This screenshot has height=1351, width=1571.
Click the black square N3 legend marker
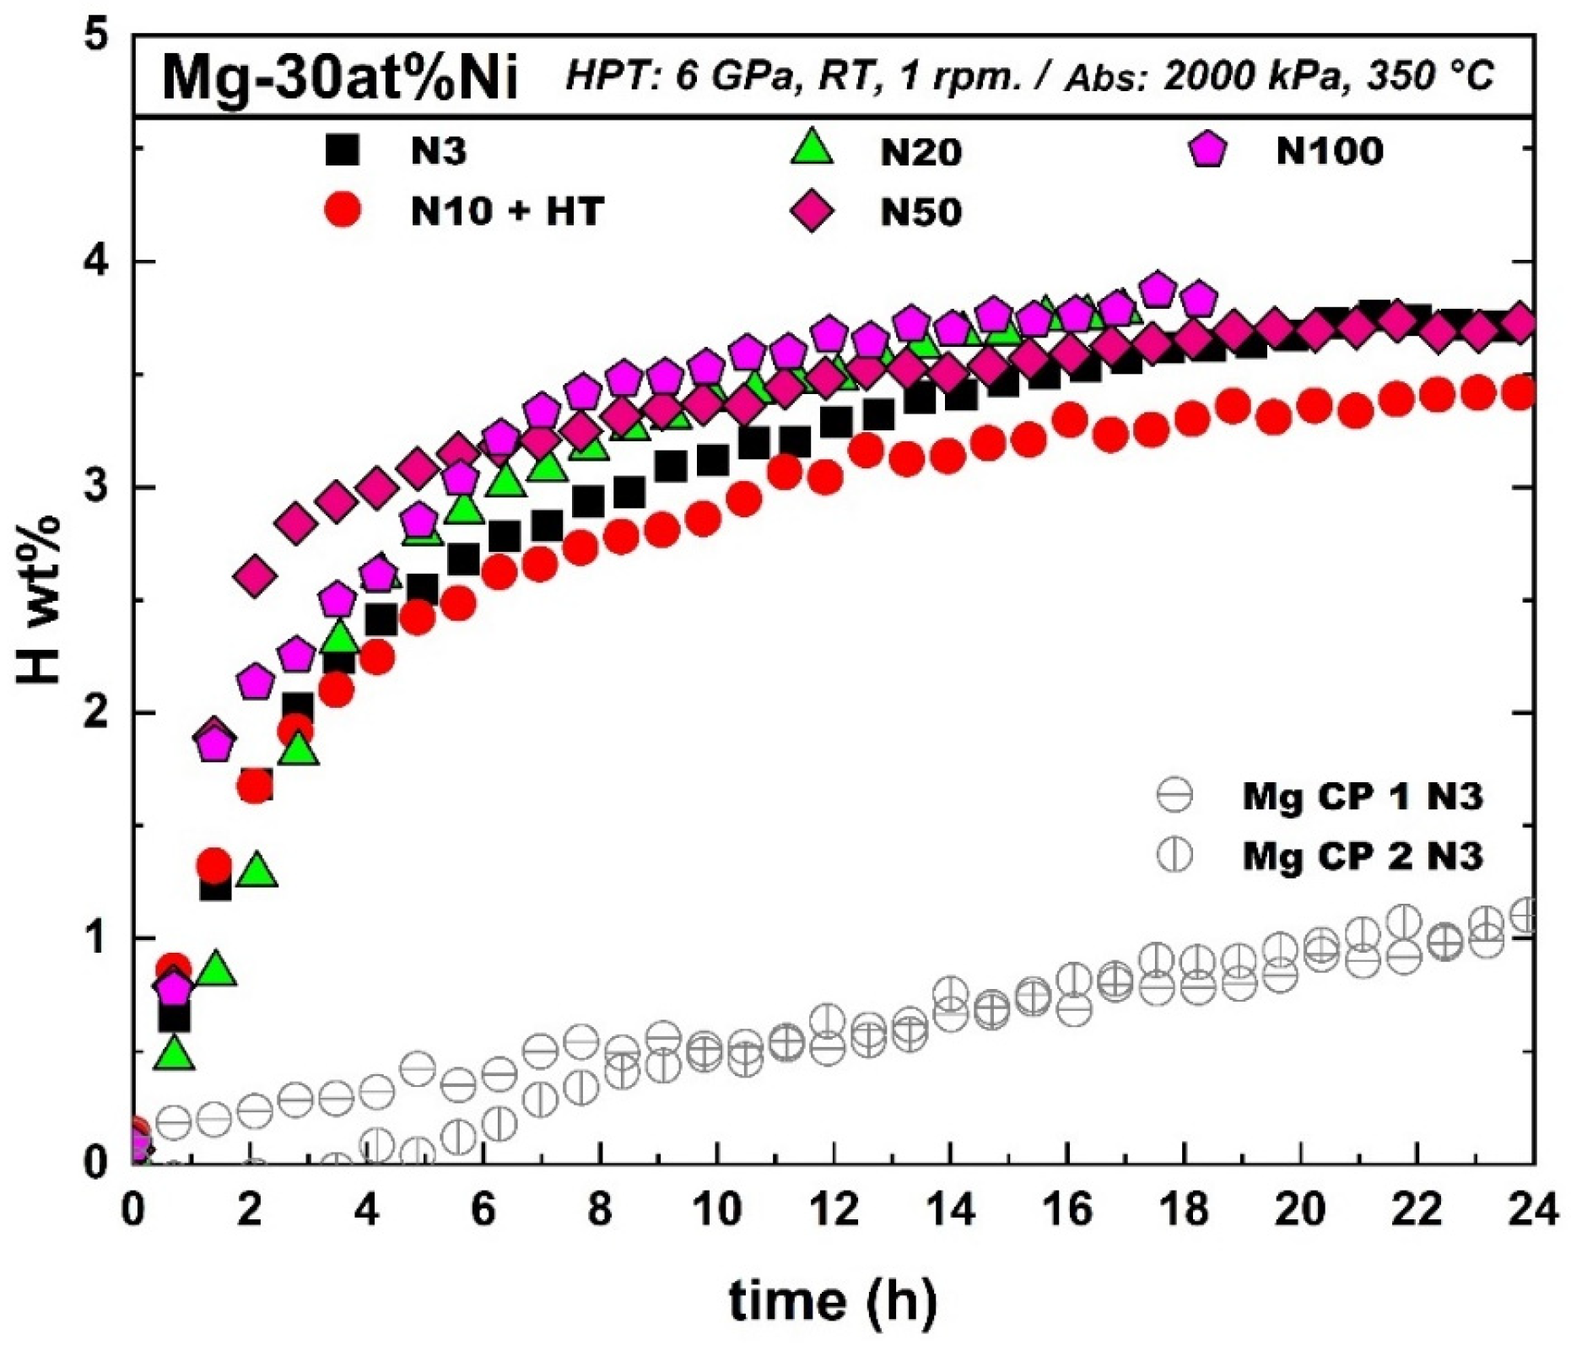[343, 150]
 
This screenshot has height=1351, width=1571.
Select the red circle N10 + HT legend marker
[343, 209]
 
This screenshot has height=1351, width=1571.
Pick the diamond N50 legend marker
[812, 211]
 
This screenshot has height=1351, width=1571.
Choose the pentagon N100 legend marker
[1209, 150]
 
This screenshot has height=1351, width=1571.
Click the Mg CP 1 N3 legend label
[1362, 797]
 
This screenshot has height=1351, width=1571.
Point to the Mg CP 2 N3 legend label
[1362, 856]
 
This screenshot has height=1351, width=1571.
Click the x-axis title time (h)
[833, 1300]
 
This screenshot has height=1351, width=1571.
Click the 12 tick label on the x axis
[833, 1211]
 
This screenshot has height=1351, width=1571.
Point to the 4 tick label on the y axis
[100, 262]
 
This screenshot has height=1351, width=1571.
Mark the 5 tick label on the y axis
[100, 38]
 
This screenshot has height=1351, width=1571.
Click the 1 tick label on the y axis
[100, 938]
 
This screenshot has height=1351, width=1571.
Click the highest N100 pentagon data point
[1158, 289]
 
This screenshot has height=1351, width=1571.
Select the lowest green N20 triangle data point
[174, 1053]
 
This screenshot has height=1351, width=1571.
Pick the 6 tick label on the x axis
[483, 1211]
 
